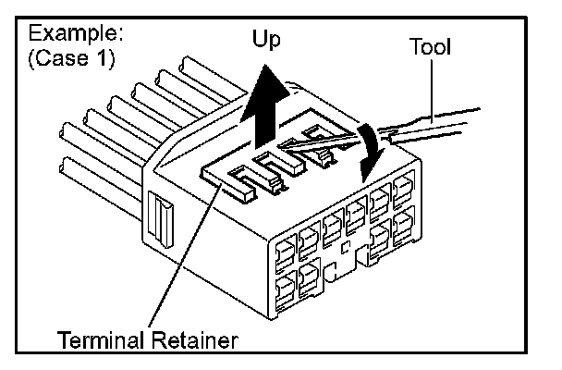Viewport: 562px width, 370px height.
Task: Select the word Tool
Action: pos(430,45)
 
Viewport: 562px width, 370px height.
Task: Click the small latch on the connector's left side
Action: pos(162,222)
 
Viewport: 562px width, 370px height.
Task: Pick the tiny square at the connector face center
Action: pos(343,249)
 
